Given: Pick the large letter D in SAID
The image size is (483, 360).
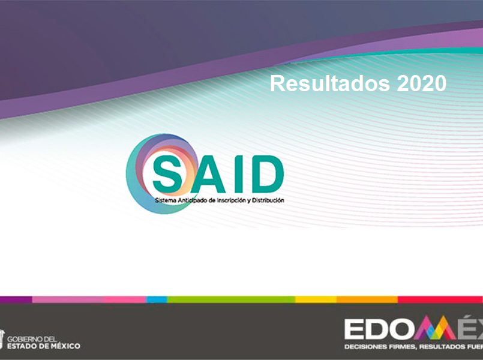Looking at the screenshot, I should coord(265,173).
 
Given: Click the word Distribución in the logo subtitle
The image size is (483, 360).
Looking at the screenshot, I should coord(268,200).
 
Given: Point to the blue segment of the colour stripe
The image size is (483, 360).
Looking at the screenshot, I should coord(157,299).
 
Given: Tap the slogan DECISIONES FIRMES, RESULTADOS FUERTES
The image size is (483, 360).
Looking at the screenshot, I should coord(413,347).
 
